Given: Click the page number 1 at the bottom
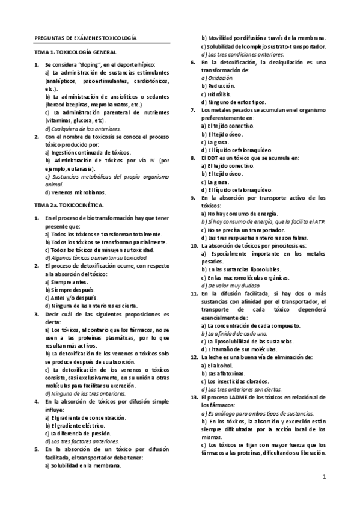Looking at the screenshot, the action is point(324,478).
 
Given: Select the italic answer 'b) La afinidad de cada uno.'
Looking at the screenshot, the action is point(234,333).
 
